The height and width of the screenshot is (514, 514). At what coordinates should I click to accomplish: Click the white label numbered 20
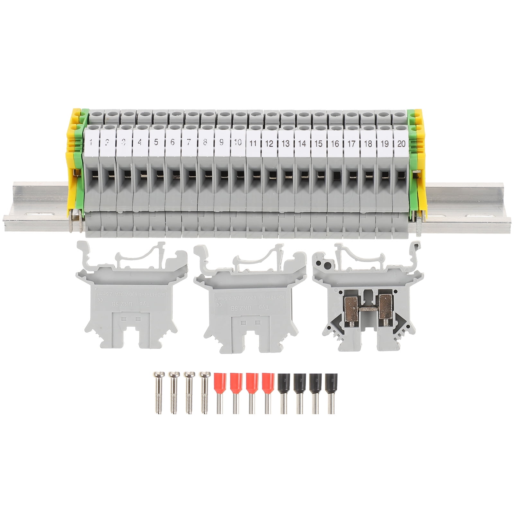point(401,143)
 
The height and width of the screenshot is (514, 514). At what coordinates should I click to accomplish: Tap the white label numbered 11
point(253,143)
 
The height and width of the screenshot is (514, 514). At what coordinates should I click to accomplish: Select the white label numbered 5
point(156,142)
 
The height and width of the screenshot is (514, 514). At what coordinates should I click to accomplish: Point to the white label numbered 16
point(335,143)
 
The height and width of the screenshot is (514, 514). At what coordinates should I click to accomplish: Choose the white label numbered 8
point(205,142)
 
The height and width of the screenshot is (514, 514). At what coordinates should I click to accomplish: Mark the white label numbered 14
point(302,143)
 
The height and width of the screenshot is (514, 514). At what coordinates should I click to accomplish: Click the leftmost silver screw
point(157,392)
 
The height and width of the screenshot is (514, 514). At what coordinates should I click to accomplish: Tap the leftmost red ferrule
point(220,392)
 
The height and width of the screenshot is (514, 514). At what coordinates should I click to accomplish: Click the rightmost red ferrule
point(267,392)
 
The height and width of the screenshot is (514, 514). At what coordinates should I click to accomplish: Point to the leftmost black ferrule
point(283,392)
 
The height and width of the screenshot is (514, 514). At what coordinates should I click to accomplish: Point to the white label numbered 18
point(368,143)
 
